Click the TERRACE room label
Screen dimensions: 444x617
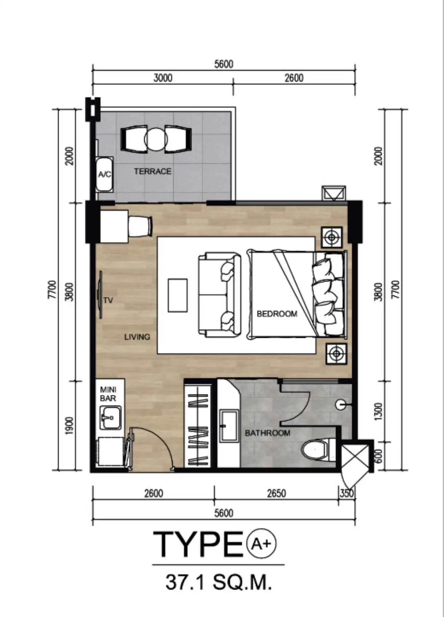click(153, 171)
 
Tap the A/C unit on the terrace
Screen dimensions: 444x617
click(105, 174)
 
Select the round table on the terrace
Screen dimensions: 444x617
click(156, 139)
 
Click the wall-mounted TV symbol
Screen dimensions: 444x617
click(100, 295)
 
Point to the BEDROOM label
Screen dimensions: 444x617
click(277, 314)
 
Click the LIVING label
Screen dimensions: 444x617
click(137, 337)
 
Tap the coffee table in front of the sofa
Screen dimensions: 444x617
click(178, 295)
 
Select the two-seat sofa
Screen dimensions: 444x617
click(220, 295)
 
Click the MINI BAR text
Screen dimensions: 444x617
click(108, 394)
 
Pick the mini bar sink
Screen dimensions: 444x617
click(110, 418)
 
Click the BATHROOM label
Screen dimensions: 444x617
click(268, 433)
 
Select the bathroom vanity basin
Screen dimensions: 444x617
click(229, 426)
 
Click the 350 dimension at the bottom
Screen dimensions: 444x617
click(347, 493)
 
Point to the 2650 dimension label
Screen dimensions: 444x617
click(276, 493)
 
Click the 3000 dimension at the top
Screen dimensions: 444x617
click(163, 78)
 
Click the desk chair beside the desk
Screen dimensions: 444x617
click(140, 226)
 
